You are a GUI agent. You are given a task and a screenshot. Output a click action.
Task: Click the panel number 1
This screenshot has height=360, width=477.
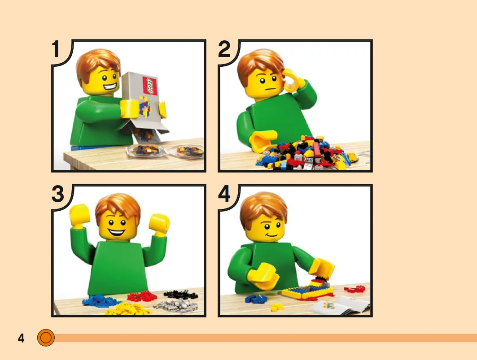click(x=55, y=49)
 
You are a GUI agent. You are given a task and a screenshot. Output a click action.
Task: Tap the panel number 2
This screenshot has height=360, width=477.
click(x=224, y=49)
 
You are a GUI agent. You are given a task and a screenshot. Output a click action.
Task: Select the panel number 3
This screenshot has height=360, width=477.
click(x=58, y=194)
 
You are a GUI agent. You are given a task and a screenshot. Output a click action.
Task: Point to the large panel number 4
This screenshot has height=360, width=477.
click(x=224, y=194)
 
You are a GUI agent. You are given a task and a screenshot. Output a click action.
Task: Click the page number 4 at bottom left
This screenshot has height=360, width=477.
click(x=21, y=338)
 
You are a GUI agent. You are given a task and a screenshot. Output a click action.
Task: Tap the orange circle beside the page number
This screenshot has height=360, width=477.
click(x=46, y=338)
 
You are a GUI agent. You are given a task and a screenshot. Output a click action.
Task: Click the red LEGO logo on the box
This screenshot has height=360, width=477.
click(x=150, y=86)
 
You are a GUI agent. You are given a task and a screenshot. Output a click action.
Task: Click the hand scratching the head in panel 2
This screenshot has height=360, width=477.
click(x=293, y=80)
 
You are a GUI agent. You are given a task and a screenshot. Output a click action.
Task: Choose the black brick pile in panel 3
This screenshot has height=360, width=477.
click(x=180, y=295)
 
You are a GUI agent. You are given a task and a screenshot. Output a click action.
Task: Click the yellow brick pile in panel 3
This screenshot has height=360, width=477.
click(x=129, y=308)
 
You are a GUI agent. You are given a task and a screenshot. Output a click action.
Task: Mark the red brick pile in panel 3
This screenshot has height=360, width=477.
click(x=142, y=295)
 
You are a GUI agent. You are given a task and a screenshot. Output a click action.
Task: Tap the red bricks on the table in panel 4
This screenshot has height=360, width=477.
click(x=354, y=289)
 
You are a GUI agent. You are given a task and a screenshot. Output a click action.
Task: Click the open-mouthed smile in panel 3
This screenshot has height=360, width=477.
click(x=117, y=233)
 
